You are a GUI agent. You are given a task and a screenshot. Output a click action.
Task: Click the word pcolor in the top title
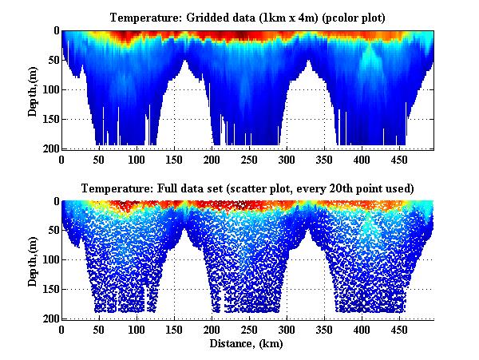pyautogui.click(x=349, y=18)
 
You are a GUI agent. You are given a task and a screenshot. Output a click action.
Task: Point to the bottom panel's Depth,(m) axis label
pyautogui.click(x=33, y=259)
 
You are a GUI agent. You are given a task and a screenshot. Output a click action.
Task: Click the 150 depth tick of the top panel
pyautogui.click(x=47, y=119)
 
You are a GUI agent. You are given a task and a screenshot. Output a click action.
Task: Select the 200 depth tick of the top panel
pyautogui.click(x=47, y=148)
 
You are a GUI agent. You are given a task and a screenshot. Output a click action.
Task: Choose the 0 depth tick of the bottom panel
pyautogui.click(x=53, y=202)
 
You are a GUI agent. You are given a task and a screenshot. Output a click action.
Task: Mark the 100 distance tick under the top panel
pyautogui.click(x=98, y=160)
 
